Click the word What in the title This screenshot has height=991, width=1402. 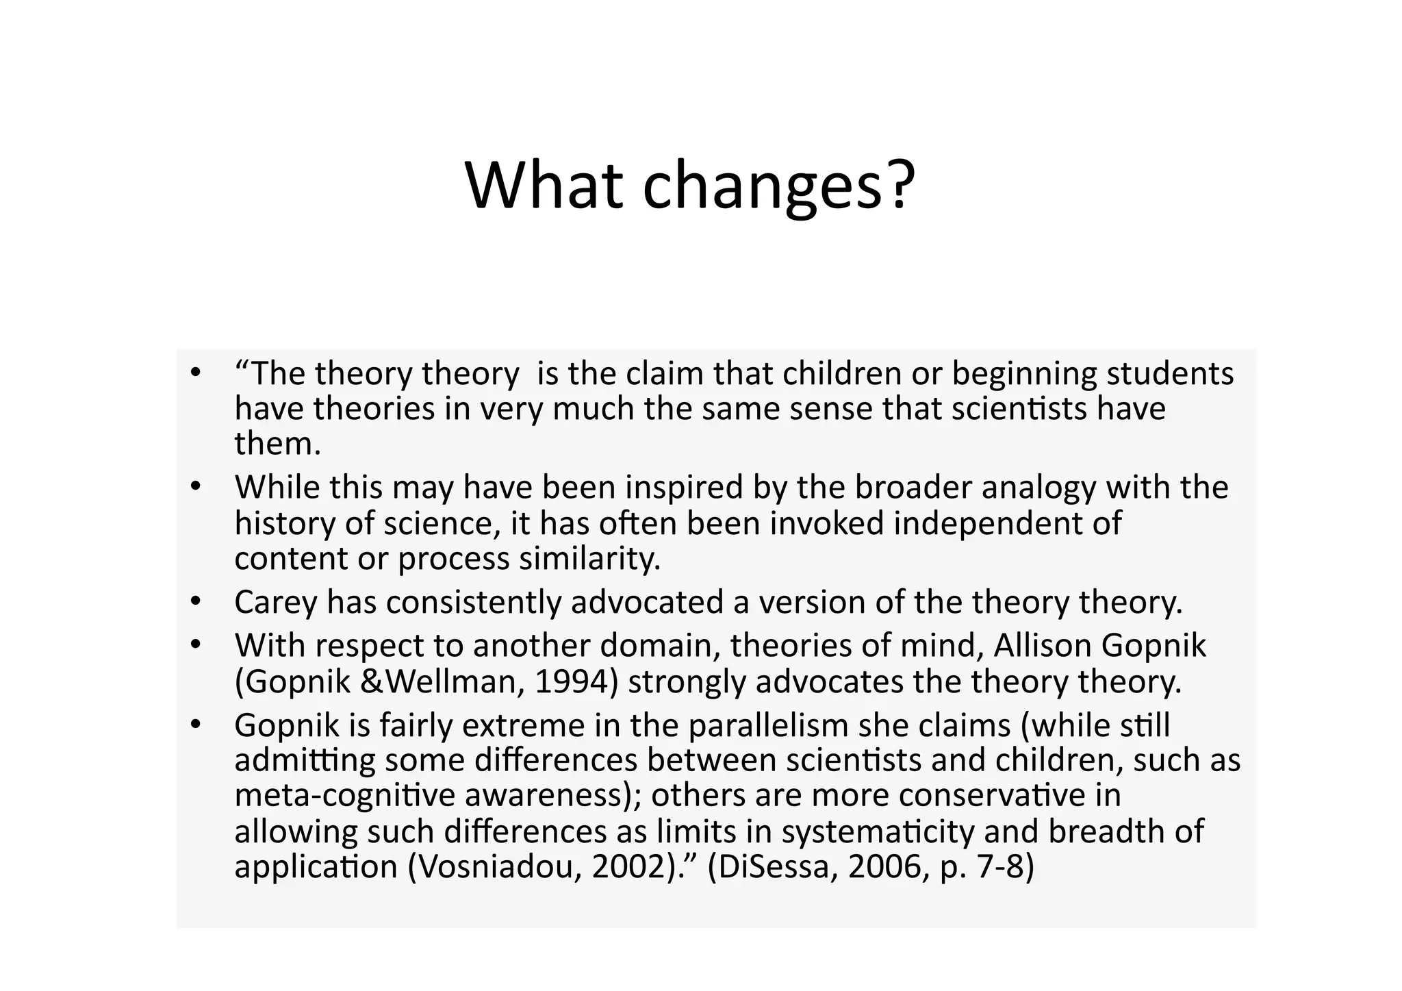coord(544,186)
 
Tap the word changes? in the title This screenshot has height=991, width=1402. coord(778,186)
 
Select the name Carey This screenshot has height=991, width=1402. coord(276,603)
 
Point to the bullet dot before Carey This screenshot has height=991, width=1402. coord(196,603)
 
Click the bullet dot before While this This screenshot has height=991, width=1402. coord(196,488)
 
